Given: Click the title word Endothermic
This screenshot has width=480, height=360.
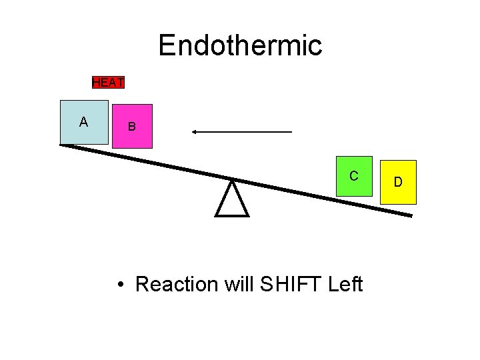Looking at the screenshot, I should click(x=240, y=45).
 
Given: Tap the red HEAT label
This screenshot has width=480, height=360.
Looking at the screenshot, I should click(x=108, y=83).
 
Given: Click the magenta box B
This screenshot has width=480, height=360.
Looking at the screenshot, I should click(x=132, y=126).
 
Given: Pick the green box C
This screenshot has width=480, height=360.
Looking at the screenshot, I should click(x=354, y=177).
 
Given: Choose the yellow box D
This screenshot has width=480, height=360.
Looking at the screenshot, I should click(x=397, y=182).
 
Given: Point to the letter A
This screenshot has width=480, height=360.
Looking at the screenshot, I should click(x=83, y=122).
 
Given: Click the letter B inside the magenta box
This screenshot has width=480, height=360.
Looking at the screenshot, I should click(x=132, y=127).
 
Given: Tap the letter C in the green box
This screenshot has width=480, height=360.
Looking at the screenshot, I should click(x=354, y=176).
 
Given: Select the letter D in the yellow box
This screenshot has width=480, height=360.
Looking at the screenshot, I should click(x=398, y=182).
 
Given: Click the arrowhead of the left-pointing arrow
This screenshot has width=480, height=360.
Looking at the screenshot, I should click(x=195, y=132).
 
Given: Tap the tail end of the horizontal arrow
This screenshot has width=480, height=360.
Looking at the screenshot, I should click(x=291, y=132).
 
